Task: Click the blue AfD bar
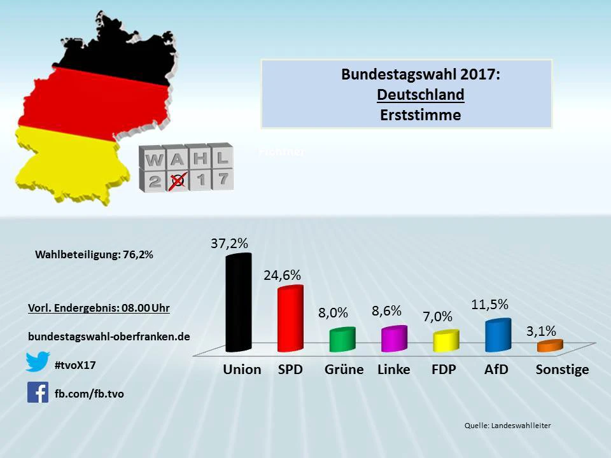coord(498,335)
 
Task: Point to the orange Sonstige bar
coord(549,345)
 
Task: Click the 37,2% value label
coord(229,243)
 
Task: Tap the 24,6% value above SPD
coord(282,275)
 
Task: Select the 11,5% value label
coord(489,304)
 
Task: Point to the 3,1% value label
coord(541,331)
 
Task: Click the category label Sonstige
coord(562,370)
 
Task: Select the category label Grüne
coord(344,370)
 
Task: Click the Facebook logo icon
coord(38,392)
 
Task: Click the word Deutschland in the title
coord(420,95)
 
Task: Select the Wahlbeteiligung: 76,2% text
coord(94,254)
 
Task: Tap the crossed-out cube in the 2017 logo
coord(178,180)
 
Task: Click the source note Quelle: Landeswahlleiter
coord(507,426)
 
